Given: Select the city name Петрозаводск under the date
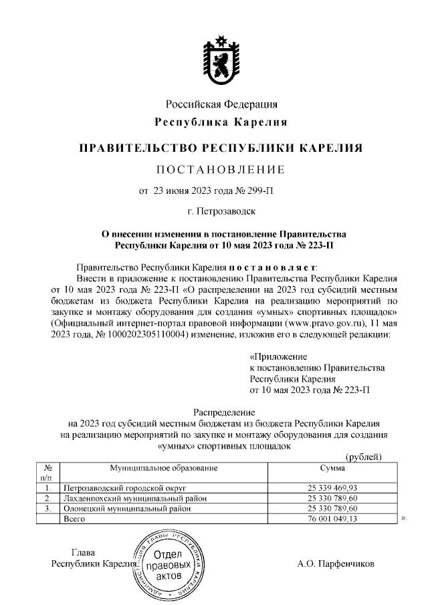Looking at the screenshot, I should (225, 212).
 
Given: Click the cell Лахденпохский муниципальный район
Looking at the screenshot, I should (134, 498).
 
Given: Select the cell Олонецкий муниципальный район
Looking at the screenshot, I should (125, 508).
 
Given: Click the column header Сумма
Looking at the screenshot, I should (332, 469).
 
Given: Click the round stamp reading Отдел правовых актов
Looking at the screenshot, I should (167, 564).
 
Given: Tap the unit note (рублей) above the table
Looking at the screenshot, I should (363, 457).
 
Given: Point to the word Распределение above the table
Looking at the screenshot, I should (220, 412).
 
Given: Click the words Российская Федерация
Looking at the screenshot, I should (221, 104).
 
